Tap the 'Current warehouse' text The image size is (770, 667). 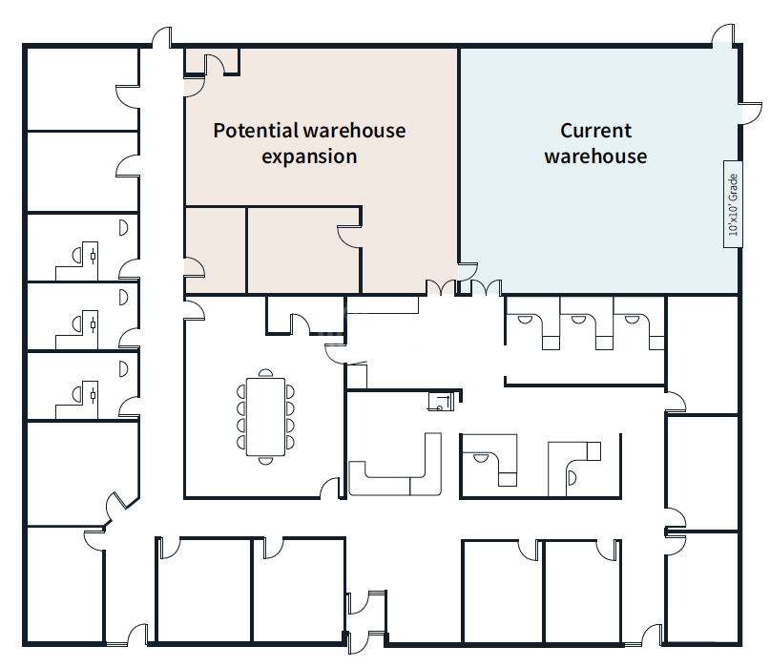pyautogui.click(x=595, y=143)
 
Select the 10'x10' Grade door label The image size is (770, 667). pyautogui.click(x=733, y=204)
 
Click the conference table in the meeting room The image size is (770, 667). pyautogui.click(x=265, y=417)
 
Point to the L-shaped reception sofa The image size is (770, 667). pyautogui.click(x=396, y=473)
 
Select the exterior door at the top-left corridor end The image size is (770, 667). pyautogui.click(x=161, y=38)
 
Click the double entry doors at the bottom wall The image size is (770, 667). pyautogui.click(x=366, y=620)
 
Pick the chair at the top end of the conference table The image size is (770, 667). pyautogui.click(x=266, y=374)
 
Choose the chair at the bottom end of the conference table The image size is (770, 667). pyautogui.click(x=266, y=460)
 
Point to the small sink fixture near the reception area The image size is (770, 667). pyautogui.click(x=440, y=401)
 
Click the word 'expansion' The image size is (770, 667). pyautogui.click(x=309, y=156)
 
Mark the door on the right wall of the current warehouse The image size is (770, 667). pyautogui.click(x=745, y=94)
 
